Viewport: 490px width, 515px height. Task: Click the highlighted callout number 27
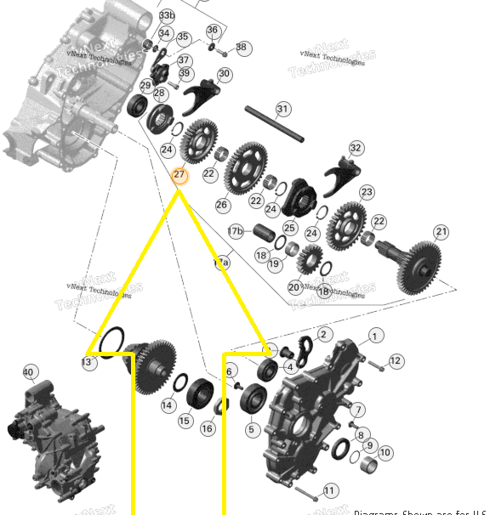click(179, 176)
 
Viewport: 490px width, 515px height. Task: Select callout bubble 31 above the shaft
click(283, 109)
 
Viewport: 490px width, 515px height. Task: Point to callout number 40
click(29, 372)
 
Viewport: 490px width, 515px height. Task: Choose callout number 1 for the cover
click(376, 337)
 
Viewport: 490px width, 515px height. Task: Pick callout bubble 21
click(441, 232)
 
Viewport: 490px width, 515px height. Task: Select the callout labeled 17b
click(235, 231)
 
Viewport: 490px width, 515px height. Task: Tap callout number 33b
click(167, 15)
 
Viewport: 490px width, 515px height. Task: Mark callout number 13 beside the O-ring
click(87, 363)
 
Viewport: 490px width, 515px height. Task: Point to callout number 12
click(395, 362)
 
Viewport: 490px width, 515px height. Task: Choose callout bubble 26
click(222, 205)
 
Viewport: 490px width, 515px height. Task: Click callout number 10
click(385, 453)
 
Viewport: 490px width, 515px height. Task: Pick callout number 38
click(242, 48)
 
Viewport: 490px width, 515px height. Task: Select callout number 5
click(251, 430)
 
